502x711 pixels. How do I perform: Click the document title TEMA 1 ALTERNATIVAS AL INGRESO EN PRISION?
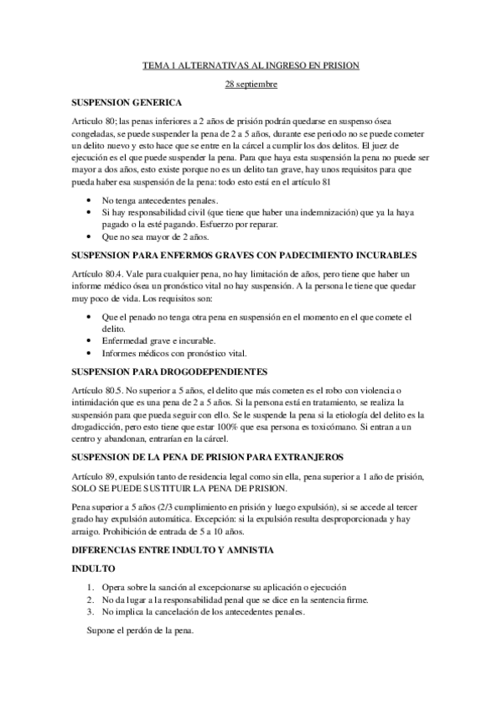(x=251, y=65)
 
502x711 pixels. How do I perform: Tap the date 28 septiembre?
(x=251, y=84)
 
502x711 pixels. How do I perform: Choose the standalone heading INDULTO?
(x=93, y=568)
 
